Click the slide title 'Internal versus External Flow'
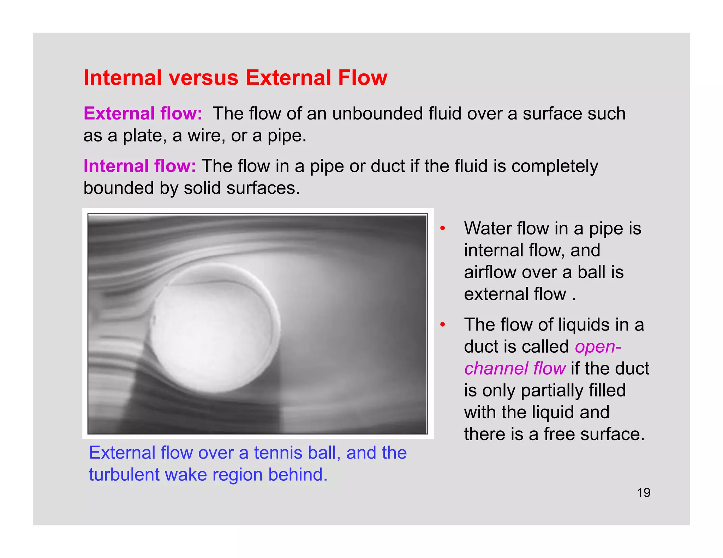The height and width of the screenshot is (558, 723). click(x=235, y=78)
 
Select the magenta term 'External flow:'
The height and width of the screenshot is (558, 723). click(x=143, y=114)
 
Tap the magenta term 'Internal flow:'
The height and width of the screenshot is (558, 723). click(x=139, y=166)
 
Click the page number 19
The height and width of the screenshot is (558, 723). click(x=643, y=492)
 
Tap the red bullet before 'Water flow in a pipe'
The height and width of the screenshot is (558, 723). click(x=443, y=229)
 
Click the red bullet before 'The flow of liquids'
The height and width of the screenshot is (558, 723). click(x=443, y=325)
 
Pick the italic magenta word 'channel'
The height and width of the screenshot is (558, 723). click(x=496, y=368)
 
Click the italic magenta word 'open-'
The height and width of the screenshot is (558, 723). click(x=598, y=346)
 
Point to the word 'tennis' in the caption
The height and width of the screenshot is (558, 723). click(x=278, y=453)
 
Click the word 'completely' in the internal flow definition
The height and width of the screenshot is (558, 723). click(x=555, y=166)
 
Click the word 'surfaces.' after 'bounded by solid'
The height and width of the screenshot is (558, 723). click(x=263, y=188)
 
